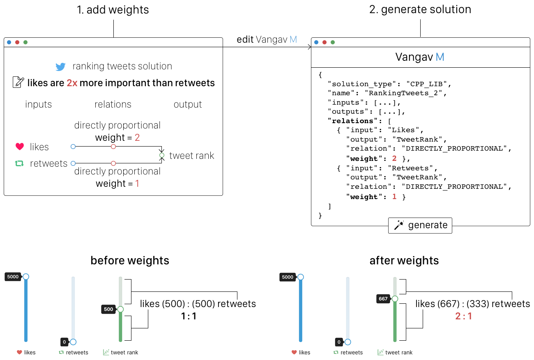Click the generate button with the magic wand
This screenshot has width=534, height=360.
[x=420, y=225]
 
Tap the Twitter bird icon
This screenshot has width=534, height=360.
[x=61, y=67]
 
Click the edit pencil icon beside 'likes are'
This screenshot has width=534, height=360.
[x=18, y=83]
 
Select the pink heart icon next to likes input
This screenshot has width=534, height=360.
[x=19, y=147]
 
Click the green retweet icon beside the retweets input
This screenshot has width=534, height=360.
[x=19, y=163]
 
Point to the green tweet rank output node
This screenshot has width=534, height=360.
[x=162, y=156]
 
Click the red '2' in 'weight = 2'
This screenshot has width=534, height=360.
[x=137, y=138]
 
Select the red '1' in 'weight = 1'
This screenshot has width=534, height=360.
[x=137, y=183]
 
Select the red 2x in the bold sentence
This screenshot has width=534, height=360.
[x=72, y=83]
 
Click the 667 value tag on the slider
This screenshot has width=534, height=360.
[x=383, y=299]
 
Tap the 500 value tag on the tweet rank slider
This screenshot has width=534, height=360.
[x=108, y=310]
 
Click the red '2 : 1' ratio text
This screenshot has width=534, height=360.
[x=463, y=316]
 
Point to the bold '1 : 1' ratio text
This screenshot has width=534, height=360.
[x=189, y=316]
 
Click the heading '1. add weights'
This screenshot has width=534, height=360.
[x=113, y=10]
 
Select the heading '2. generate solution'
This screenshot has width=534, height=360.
[x=420, y=10]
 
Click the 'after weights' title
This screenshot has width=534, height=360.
[x=404, y=261]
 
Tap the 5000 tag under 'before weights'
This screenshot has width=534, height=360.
[x=13, y=277]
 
